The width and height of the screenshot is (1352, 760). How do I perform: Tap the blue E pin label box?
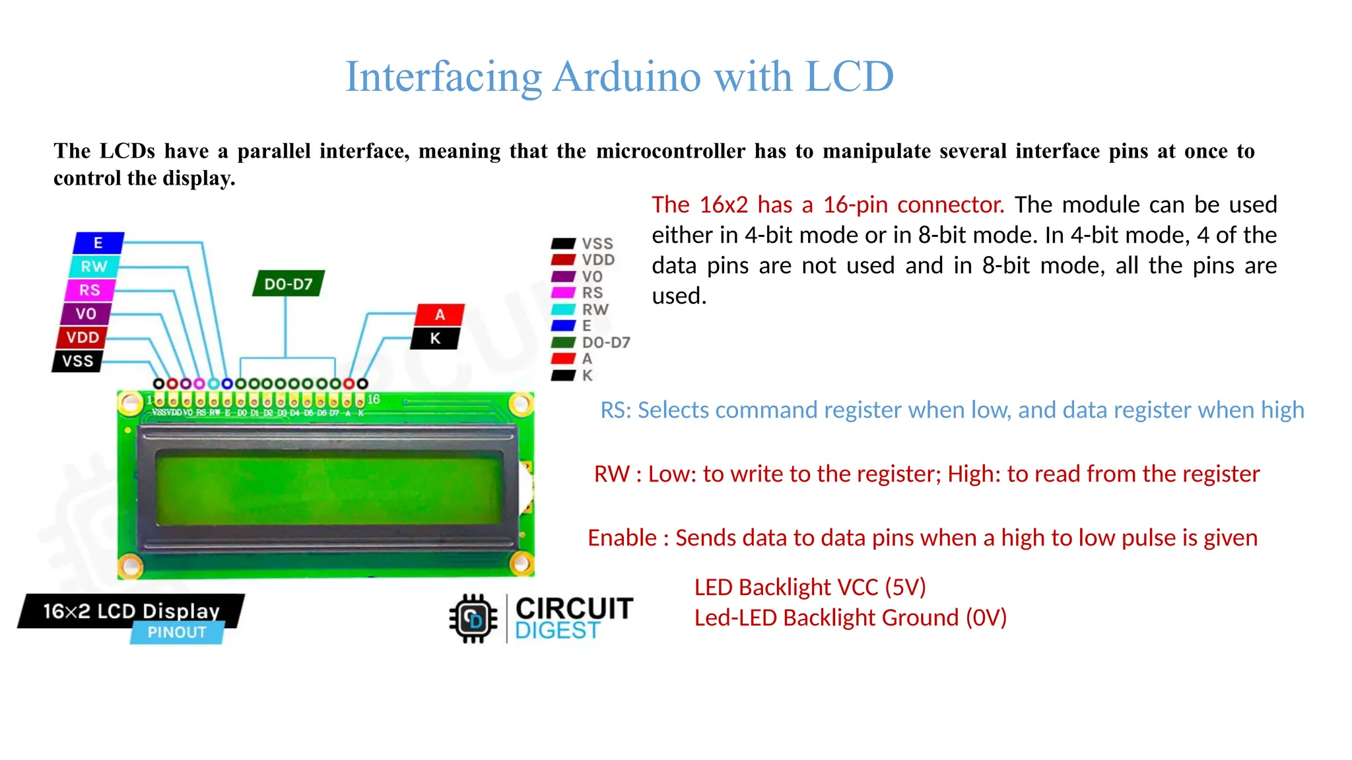(98, 243)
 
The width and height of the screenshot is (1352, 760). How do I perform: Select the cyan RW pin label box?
(94, 267)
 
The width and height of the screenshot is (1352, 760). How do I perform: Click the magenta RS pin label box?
(90, 290)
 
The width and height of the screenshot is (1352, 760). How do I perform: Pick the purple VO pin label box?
(86, 314)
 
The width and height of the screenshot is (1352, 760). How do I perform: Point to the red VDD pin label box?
(83, 338)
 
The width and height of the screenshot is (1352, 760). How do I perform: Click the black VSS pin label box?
(78, 362)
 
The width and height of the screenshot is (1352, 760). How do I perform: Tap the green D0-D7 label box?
(288, 284)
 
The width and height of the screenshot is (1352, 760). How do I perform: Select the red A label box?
(440, 315)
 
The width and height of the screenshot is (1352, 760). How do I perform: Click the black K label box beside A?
(435, 338)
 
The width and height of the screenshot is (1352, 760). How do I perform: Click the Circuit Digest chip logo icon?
(473, 619)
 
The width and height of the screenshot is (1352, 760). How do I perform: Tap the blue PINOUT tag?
(177, 633)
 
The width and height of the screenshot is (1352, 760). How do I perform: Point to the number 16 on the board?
(374, 399)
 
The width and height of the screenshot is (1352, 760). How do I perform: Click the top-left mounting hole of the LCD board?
(130, 402)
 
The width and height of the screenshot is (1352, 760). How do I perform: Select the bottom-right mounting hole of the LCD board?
(522, 563)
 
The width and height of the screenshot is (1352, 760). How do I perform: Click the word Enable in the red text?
(622, 538)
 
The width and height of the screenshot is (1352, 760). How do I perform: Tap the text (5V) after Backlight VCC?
(906, 587)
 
